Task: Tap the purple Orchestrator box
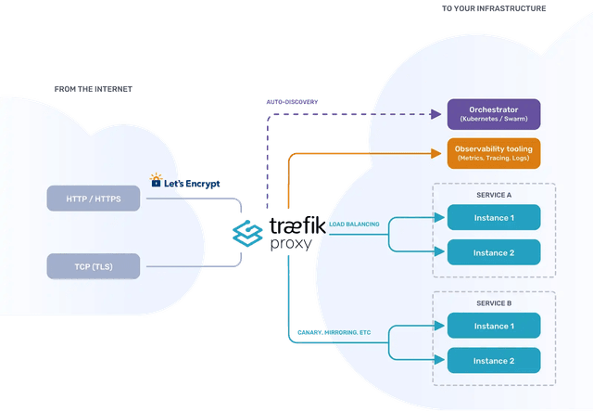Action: tap(494, 114)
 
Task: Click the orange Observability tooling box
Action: tap(494, 153)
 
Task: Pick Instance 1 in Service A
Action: tap(494, 217)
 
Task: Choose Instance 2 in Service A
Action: tap(494, 252)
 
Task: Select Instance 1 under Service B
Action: tap(494, 326)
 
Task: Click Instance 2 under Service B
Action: tap(494, 361)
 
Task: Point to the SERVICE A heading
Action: tap(494, 194)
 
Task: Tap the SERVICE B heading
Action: tap(494, 303)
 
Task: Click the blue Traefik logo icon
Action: tap(247, 234)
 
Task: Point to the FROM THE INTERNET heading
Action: tap(93, 89)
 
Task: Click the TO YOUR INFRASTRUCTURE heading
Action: tap(494, 8)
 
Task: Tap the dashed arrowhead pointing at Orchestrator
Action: tap(435, 114)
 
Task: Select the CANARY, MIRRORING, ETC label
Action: tap(334, 331)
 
